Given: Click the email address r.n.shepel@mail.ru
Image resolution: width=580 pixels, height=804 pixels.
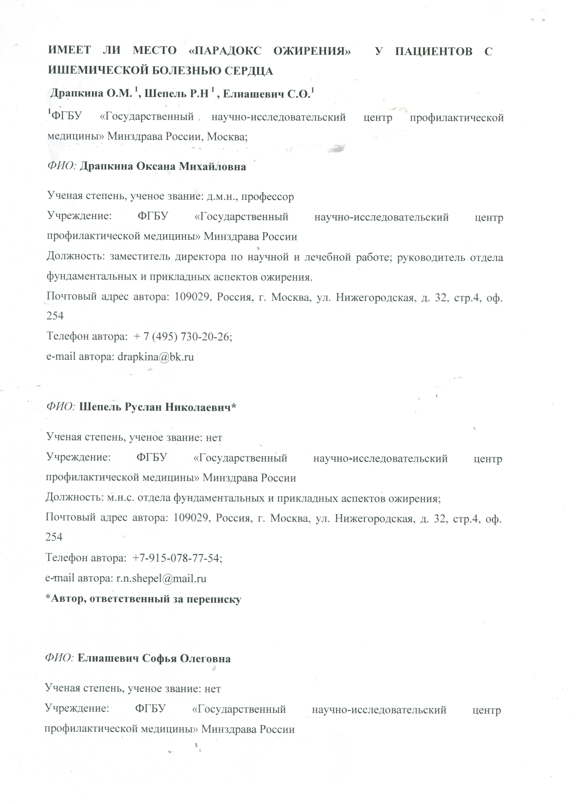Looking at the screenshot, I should click(161, 578).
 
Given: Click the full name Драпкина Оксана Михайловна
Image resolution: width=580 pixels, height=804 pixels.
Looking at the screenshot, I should click(163, 166).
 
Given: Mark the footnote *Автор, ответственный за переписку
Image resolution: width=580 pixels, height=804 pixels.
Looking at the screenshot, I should click(144, 599).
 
